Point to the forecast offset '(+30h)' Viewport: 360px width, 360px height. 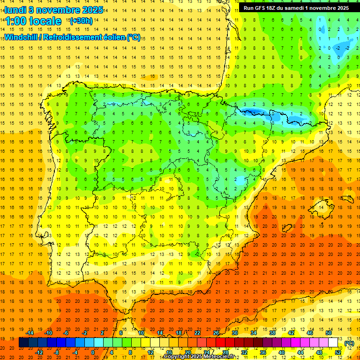click(x=81, y=21)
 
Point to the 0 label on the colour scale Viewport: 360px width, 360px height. click(x=93, y=352)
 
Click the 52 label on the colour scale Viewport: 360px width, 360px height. click(x=338, y=352)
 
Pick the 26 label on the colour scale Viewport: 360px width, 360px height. click(x=216, y=332)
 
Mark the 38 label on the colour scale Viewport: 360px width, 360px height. click(x=272, y=332)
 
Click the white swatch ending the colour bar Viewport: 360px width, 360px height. click(x=333, y=343)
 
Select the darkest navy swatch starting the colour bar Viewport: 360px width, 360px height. click(x=23, y=343)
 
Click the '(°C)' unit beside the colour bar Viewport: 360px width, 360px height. click(x=349, y=343)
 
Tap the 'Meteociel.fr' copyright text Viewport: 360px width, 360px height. click(x=221, y=357)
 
